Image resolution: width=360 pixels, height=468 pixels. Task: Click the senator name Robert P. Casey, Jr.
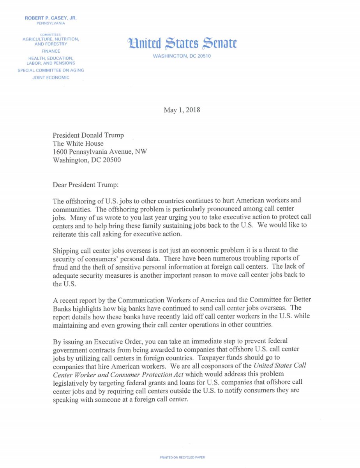point(51,18)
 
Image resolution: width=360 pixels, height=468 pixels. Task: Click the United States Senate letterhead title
point(182,43)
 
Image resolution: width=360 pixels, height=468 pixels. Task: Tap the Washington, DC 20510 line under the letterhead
point(182,56)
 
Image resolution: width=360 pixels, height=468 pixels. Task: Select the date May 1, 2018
point(182,110)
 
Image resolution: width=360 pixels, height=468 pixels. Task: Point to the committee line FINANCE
point(51,51)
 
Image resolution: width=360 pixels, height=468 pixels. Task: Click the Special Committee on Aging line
point(51,71)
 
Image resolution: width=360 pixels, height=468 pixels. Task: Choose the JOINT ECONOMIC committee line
point(51,78)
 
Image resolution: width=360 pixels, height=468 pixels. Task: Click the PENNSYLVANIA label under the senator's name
point(51,23)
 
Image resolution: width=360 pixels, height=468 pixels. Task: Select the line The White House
point(78,144)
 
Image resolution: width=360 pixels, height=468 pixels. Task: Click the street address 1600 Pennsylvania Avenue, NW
point(100,152)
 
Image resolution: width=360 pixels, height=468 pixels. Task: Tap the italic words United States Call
point(280,365)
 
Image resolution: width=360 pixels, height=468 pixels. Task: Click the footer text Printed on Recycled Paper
point(182,457)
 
